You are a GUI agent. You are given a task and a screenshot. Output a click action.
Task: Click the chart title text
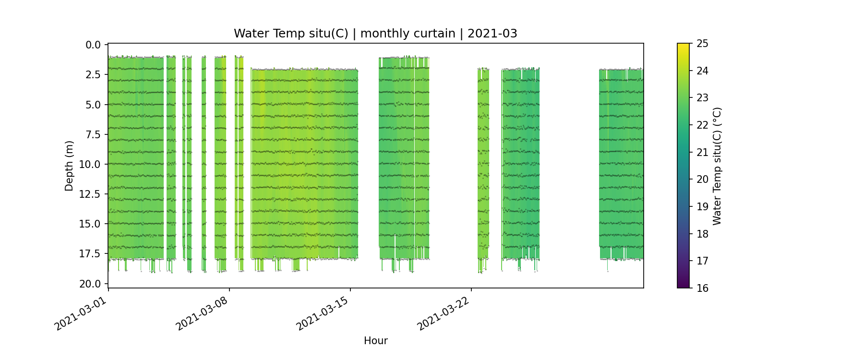click(375, 34)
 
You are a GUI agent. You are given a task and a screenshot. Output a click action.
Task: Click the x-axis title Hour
click(375, 341)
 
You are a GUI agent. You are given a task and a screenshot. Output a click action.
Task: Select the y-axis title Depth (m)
click(70, 166)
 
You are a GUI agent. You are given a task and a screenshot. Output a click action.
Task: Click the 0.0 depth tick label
click(93, 45)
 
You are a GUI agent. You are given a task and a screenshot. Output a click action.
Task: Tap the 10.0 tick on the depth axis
click(90, 165)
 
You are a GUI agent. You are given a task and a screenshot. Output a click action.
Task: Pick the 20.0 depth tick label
click(90, 284)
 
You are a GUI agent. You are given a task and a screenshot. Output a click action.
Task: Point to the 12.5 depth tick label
click(90, 194)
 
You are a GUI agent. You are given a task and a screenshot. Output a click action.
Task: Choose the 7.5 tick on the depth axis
click(93, 134)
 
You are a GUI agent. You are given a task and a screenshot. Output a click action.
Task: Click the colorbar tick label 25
click(702, 44)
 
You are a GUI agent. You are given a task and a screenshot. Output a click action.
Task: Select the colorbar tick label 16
click(702, 288)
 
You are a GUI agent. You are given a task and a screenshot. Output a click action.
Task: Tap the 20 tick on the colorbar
click(702, 180)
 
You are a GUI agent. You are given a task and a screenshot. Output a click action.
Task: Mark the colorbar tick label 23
click(702, 98)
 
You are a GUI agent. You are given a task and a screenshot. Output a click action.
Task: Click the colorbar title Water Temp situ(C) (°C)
click(717, 166)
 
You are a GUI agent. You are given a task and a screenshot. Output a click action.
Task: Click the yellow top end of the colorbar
click(683, 46)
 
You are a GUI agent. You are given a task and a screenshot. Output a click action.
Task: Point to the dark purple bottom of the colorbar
click(683, 285)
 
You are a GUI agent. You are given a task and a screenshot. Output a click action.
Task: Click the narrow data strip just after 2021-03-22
click(483, 163)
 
